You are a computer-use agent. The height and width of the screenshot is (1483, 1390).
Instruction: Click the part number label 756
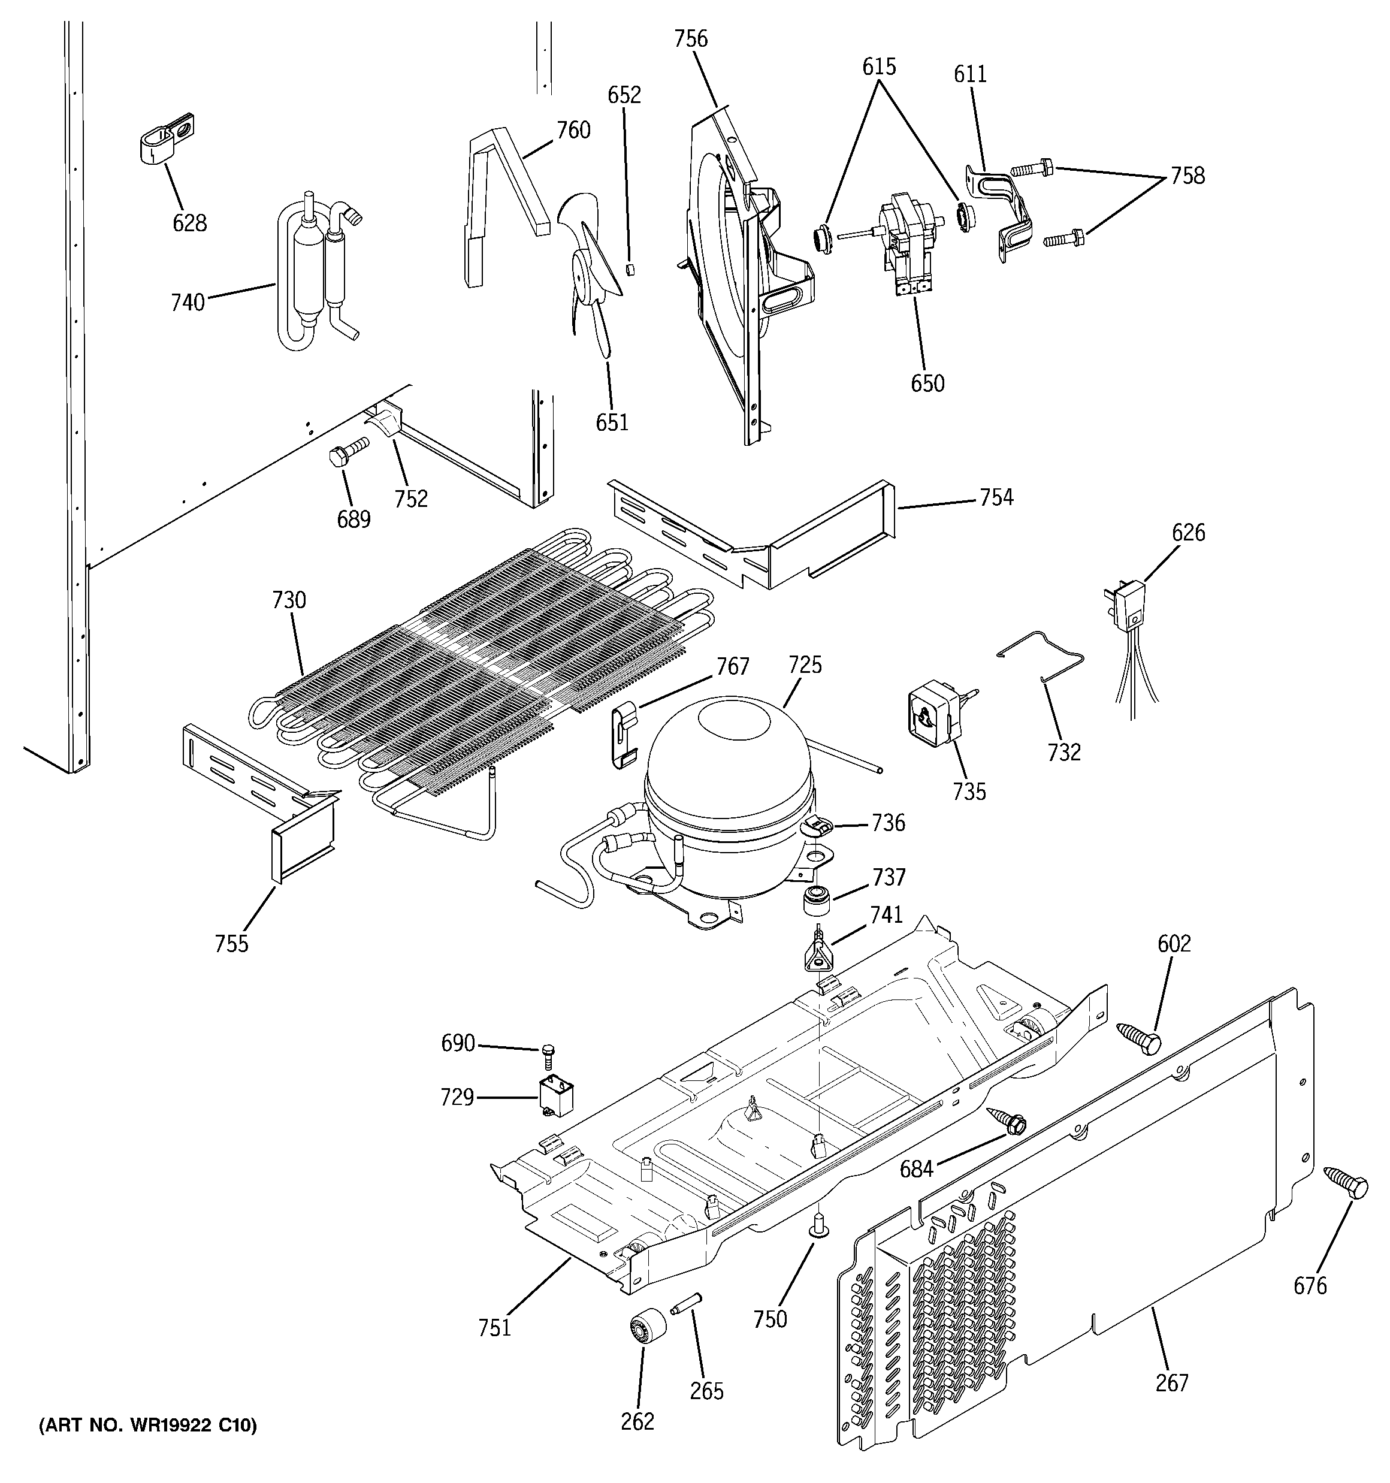(690, 39)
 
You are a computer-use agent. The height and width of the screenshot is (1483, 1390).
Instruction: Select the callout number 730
(289, 600)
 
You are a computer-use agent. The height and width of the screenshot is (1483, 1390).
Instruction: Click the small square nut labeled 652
(629, 268)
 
